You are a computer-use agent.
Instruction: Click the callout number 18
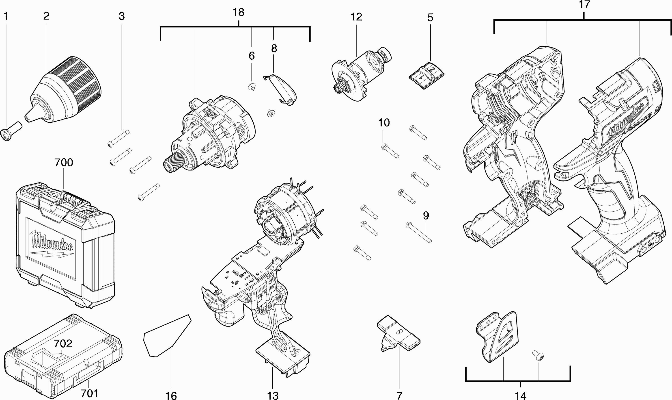[x=238, y=12]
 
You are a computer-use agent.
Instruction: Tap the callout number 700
[x=64, y=163]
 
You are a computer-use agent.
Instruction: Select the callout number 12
[x=356, y=17]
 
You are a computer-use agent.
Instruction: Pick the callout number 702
[x=63, y=344]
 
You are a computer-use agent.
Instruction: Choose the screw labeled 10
[x=390, y=151]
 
